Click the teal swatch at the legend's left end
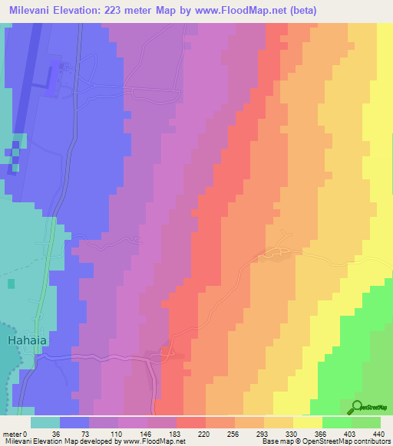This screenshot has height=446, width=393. pos(45,422)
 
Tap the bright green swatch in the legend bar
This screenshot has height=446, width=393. pos(337,422)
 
